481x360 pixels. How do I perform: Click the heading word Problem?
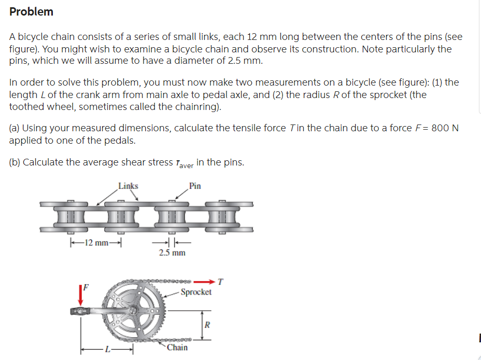31,11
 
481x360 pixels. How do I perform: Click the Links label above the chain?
128,186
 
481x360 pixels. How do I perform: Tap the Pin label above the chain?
195,186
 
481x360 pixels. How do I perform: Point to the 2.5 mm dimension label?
172,253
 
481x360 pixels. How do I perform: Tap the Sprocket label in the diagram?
196,292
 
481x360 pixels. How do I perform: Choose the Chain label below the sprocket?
177,347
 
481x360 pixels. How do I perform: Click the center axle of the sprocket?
134,310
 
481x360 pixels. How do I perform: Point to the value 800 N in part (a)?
445,128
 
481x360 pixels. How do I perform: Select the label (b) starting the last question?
15,162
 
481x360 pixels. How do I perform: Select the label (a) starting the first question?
15,128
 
